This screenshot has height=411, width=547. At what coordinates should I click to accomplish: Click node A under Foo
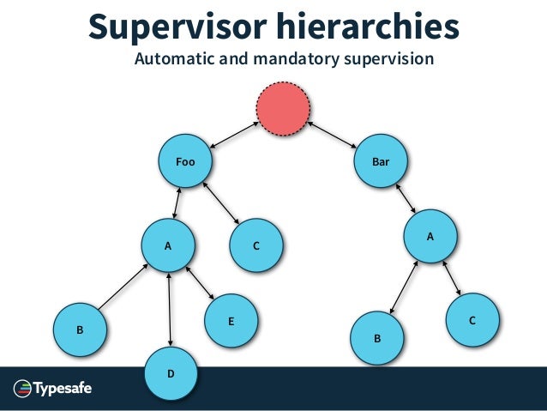[168, 245]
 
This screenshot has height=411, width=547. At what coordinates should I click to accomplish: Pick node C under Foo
[256, 245]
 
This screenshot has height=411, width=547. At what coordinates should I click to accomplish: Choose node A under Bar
[430, 234]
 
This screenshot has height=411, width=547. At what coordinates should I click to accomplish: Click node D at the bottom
[171, 374]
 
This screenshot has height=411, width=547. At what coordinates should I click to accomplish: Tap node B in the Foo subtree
[80, 329]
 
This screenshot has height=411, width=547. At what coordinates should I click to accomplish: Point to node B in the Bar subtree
[377, 339]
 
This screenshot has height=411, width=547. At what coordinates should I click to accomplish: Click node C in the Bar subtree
[472, 320]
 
